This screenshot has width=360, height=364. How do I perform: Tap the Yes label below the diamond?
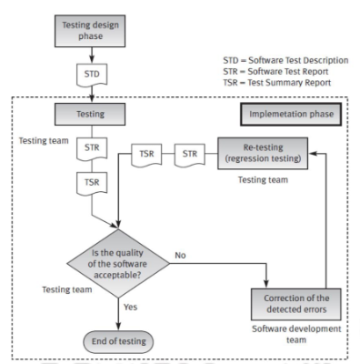tap(130, 307)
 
